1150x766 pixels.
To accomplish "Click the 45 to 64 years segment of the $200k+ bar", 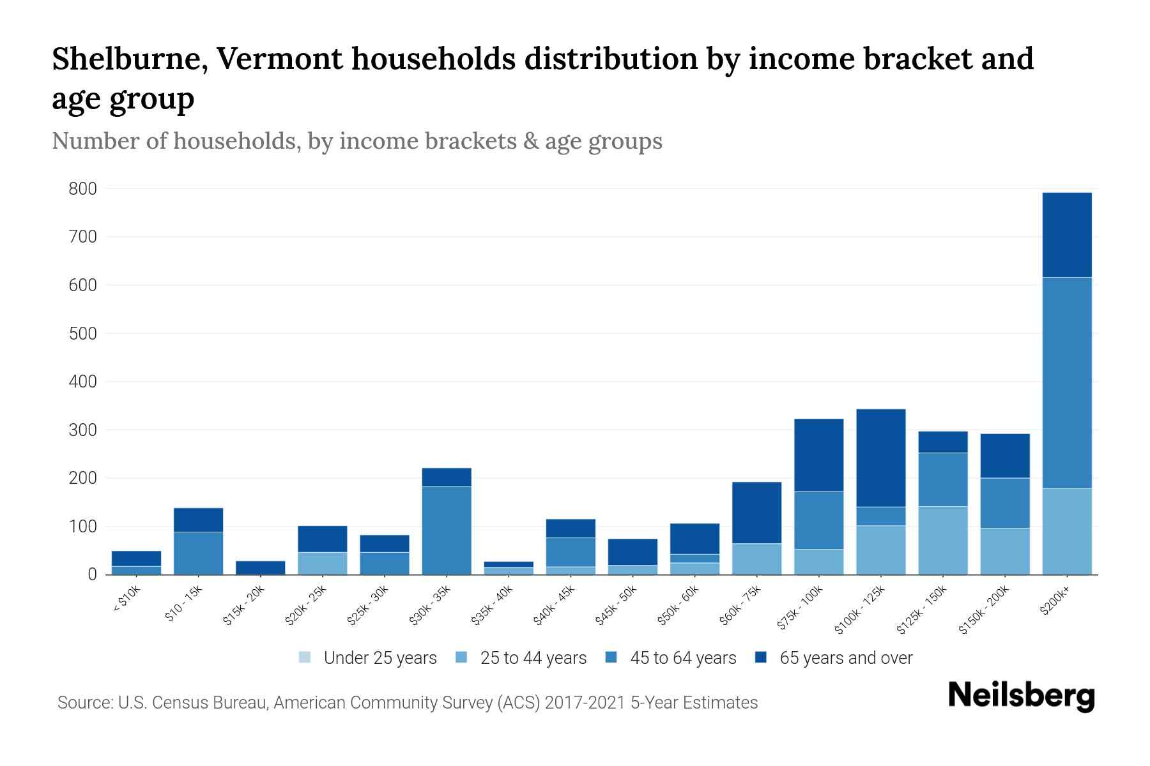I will pos(1066,382).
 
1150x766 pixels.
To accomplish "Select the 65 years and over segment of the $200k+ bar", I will pos(1066,234).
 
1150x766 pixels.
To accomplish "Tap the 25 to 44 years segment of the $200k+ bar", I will pos(1066,531).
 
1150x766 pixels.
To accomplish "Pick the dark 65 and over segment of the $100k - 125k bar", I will pos(880,457).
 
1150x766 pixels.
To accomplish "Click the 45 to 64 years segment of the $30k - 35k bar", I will pos(447,530).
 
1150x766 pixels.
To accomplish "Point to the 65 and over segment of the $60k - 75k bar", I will pos(756,512).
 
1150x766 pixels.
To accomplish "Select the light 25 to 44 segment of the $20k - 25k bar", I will pos(322,563).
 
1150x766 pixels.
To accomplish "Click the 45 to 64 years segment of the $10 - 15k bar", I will pos(198,553).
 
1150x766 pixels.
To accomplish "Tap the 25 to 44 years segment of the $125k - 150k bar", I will pos(942,540).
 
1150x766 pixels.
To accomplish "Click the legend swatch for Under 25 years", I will pos(305,657).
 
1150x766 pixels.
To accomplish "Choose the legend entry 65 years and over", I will pos(845,658).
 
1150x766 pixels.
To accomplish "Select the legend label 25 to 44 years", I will pos(533,658).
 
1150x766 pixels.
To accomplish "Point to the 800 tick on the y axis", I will pos(83,189).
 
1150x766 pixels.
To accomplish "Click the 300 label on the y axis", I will pos(83,430).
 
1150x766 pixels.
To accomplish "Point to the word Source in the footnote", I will pos(84,703).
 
